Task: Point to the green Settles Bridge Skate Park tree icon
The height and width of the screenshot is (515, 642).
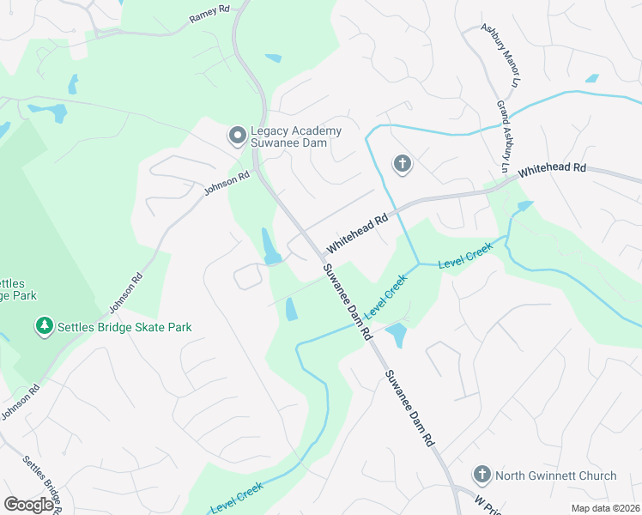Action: point(44,326)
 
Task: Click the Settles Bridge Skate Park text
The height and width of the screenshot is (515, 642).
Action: point(124,327)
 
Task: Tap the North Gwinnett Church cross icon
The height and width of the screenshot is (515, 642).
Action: point(482,475)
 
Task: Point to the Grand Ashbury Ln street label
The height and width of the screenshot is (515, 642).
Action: point(505,134)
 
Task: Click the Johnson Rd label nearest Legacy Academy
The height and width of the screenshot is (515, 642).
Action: point(227,182)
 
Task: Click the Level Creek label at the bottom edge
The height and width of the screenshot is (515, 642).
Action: point(235,498)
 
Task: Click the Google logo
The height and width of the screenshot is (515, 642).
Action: point(29,505)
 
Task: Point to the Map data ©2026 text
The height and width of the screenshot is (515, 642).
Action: point(604,508)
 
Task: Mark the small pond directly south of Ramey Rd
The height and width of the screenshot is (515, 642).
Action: point(273,58)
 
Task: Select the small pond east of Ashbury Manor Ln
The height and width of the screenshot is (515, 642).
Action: point(591,78)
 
